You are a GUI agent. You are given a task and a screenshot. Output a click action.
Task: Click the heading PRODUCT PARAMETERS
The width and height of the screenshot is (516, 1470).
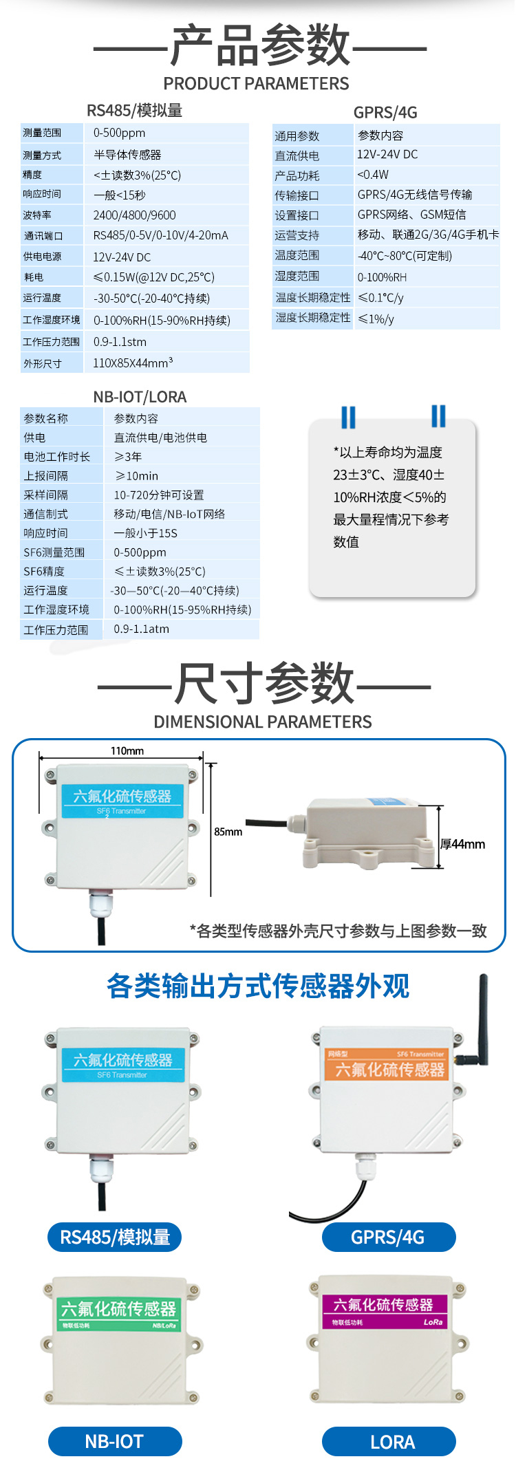tap(256, 84)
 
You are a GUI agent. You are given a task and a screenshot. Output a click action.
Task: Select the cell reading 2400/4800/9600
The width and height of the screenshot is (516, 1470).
tap(135, 215)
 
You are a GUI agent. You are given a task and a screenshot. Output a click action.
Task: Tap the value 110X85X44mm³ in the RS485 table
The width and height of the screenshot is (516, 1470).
tap(133, 363)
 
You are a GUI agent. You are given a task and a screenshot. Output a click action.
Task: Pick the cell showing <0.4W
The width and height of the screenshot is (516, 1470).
tap(373, 175)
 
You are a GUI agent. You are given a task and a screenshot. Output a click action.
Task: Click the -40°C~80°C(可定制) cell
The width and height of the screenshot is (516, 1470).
tap(405, 256)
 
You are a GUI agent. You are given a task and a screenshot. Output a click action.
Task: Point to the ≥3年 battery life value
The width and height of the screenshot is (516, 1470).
tap(128, 456)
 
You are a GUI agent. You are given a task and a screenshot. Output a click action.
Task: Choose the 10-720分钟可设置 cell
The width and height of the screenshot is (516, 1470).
tap(159, 495)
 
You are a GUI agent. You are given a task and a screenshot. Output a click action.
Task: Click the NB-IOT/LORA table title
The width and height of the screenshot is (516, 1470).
tap(140, 397)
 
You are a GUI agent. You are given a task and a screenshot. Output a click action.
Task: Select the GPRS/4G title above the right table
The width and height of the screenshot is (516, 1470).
tap(385, 113)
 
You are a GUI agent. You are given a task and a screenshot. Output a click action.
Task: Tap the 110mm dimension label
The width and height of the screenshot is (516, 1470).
tap(127, 750)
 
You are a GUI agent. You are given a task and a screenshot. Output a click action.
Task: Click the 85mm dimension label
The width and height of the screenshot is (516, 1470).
tap(228, 832)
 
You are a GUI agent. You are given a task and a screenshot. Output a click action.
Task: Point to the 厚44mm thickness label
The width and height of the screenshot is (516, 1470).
tap(463, 844)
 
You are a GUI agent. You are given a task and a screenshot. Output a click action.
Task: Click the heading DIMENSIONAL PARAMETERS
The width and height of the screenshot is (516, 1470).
tap(262, 722)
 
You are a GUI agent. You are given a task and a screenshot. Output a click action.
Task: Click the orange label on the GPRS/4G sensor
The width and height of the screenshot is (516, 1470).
tap(386, 1065)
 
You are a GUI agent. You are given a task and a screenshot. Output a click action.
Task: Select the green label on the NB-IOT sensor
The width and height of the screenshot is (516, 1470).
tap(118, 1312)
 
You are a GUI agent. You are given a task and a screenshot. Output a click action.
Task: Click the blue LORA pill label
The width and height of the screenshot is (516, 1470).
tap(389, 1441)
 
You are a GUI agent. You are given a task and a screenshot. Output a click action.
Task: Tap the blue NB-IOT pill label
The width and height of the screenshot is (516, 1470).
tap(115, 1441)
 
